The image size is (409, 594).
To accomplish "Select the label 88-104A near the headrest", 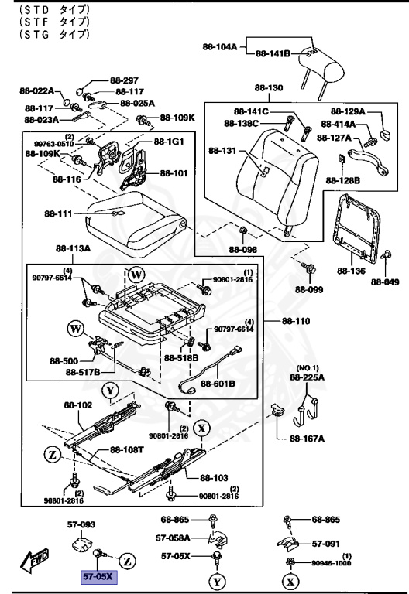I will point(220,46).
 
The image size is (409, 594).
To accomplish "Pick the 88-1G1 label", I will point(169,142).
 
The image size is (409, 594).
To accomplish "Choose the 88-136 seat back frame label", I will point(351,271).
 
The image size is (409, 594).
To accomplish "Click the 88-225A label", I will point(308,377).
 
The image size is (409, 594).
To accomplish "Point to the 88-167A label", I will point(308,439).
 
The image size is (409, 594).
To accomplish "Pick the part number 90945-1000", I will point(331,562).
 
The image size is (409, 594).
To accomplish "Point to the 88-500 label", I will point(63,359).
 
